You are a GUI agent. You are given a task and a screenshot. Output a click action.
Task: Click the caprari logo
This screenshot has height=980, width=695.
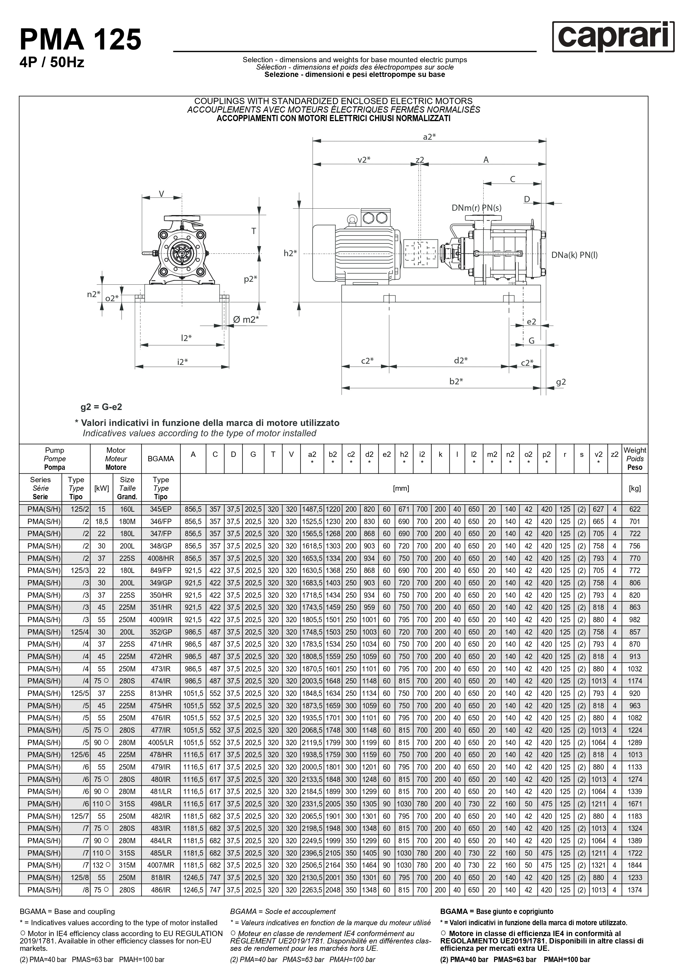pos(613,37)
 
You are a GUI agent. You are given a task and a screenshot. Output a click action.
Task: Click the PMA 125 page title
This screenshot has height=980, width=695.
pos(80,40)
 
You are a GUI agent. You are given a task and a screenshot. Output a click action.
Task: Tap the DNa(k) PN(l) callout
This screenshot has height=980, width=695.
pos(574,255)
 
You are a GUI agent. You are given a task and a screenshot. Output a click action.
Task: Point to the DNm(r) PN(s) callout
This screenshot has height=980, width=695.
pos(476,208)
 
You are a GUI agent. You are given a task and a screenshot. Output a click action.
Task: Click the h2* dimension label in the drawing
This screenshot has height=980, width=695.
pos(290,253)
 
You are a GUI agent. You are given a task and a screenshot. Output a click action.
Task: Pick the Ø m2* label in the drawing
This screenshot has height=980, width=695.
pos(246,319)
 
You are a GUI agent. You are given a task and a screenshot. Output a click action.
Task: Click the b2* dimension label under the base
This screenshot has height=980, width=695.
pos(456,381)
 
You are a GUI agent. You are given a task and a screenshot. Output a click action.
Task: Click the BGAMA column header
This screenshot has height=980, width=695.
pos(160,459)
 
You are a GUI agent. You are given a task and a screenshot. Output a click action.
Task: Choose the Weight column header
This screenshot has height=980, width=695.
pos(635,459)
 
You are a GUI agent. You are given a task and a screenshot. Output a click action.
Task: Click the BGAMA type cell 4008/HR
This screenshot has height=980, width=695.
pos(160,558)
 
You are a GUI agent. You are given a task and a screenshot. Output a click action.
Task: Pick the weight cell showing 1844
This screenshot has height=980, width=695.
pos(635,865)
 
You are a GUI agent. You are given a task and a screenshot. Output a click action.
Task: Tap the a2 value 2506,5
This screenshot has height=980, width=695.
pos(312,865)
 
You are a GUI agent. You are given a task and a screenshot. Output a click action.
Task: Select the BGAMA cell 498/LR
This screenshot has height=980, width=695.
pos(160,804)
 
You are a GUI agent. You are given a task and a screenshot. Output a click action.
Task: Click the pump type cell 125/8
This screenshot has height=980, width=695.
pos(80,877)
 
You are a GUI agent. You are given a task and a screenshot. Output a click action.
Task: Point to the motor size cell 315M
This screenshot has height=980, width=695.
pos(127,865)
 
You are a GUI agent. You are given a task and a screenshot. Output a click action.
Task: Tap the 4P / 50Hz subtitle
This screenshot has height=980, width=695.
pos(52,63)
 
